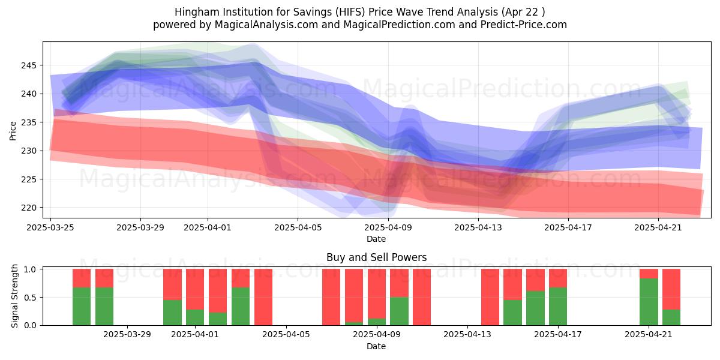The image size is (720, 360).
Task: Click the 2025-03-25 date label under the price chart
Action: click(51, 227)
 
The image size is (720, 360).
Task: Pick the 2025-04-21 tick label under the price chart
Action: click(659, 227)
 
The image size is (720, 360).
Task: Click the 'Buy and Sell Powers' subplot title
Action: click(376, 257)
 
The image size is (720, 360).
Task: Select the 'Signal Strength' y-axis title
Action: click(15, 296)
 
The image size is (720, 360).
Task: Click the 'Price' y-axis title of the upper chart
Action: click(13, 130)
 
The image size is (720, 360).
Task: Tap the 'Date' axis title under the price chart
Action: click(376, 239)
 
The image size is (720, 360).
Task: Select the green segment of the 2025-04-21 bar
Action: click(649, 302)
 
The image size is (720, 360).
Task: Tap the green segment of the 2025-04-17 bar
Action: click(558, 306)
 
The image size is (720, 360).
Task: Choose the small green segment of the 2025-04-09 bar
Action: click(377, 322)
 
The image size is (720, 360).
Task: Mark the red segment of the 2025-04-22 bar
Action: click(671, 289)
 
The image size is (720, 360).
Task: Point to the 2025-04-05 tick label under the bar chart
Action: click(286, 335)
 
